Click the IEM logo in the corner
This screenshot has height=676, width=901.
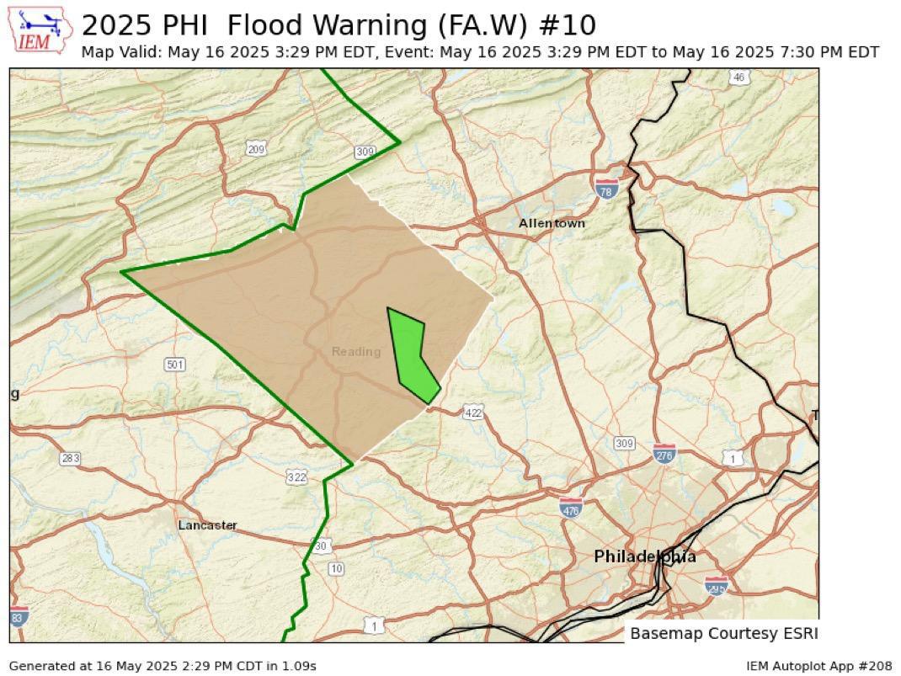pos(41,31)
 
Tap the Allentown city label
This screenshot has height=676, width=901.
pos(552,223)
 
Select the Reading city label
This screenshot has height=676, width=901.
pos(355,351)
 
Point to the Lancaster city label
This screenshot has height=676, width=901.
pos(207,525)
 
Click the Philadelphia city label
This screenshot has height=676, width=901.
pos(645,556)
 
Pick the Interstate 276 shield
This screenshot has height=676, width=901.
pos(664,454)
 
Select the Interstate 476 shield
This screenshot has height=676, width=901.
pos(571,508)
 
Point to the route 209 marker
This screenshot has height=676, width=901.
pos(257,149)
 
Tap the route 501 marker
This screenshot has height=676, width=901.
pos(174,365)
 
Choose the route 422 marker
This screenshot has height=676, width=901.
pos(473,412)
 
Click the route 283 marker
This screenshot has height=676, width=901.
pos(70,458)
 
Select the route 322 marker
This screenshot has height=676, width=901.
pos(296,477)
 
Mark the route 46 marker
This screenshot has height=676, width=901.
pos(738,77)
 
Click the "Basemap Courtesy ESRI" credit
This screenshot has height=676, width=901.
pos(723,633)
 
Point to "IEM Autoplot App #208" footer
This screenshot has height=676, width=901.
pos(818,666)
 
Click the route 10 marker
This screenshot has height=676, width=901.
pos(336,569)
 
